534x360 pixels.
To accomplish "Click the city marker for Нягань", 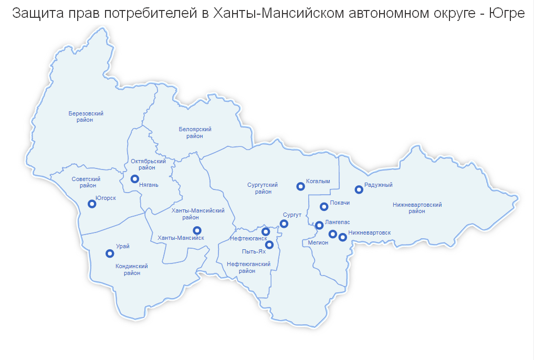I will pyautogui.click(x=135, y=179).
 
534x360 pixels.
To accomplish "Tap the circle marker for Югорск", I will pyautogui.click(x=92, y=204).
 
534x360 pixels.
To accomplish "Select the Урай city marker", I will pyautogui.click(x=110, y=253).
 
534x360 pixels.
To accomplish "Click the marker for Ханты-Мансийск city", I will pyautogui.click(x=197, y=230).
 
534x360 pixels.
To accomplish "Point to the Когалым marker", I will pyautogui.click(x=300, y=186).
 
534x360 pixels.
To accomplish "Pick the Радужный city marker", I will pyautogui.click(x=359, y=189).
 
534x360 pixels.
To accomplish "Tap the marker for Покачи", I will pyautogui.click(x=324, y=206).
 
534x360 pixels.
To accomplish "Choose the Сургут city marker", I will pyautogui.click(x=284, y=224).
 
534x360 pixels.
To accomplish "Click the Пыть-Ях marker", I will pyautogui.click(x=269, y=245).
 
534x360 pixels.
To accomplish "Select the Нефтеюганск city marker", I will pyautogui.click(x=266, y=231).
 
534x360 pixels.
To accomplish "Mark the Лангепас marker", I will pyautogui.click(x=319, y=225).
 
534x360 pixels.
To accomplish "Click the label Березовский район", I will pyautogui.click(x=86, y=117).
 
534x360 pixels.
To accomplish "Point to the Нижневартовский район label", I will pyautogui.click(x=417, y=208).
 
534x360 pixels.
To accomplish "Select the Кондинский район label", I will pyautogui.click(x=132, y=269).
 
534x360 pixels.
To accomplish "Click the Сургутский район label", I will pyautogui.click(x=263, y=188).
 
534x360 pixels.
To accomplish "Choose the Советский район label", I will pyautogui.click(x=86, y=182).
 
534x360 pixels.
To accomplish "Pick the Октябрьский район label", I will pyautogui.click(x=149, y=165).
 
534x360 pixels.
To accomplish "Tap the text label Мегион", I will pyautogui.click(x=318, y=242).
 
